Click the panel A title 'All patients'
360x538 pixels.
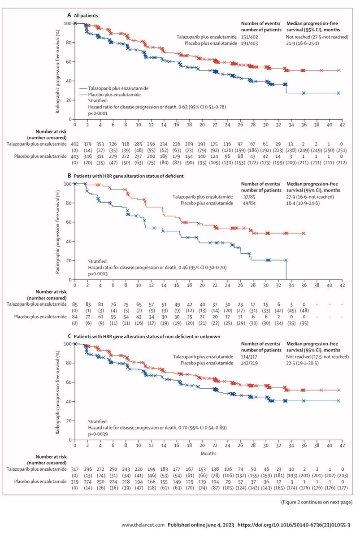86,16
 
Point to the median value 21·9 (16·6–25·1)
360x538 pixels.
309,43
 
